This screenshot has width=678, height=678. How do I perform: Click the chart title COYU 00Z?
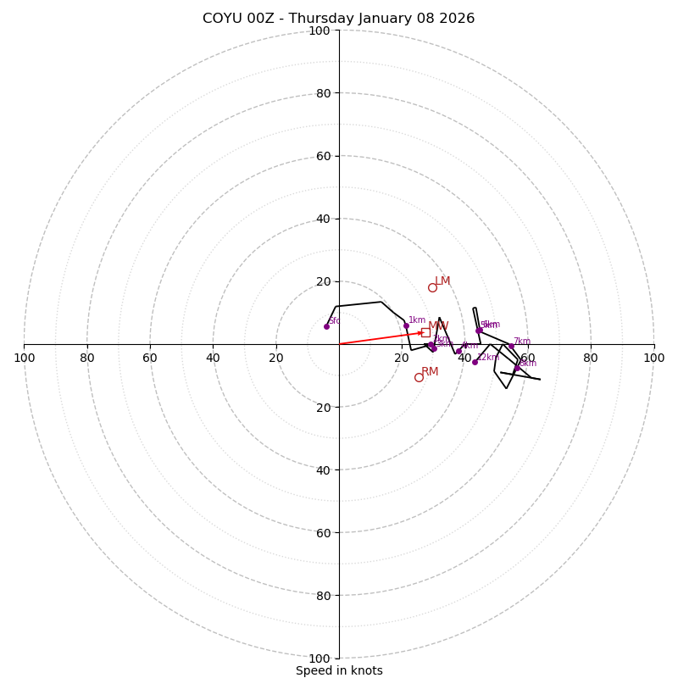point(338,19)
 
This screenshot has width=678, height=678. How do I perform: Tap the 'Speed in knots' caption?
point(339,670)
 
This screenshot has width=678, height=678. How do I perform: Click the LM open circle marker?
point(432,287)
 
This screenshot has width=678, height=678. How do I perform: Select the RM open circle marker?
point(419,377)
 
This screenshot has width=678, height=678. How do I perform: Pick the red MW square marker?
point(425,332)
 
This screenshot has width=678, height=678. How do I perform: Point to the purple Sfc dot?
point(326,326)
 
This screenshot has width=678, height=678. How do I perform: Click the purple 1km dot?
point(406,325)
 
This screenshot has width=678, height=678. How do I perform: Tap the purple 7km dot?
point(511,346)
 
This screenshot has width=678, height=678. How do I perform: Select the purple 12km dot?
point(475,362)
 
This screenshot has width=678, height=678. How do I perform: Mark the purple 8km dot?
point(517,368)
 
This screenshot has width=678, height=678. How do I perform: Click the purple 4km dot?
point(458,351)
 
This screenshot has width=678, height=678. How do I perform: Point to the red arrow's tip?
point(423,332)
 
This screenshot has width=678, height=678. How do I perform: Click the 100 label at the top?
point(320,31)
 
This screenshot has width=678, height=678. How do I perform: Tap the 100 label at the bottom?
point(320,659)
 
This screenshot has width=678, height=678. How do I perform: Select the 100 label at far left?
point(24,358)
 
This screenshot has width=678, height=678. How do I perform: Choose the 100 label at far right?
point(653,358)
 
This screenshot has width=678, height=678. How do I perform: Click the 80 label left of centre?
point(87,358)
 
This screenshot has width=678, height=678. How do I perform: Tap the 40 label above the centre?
point(323,219)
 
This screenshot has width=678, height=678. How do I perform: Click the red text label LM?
point(442,281)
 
